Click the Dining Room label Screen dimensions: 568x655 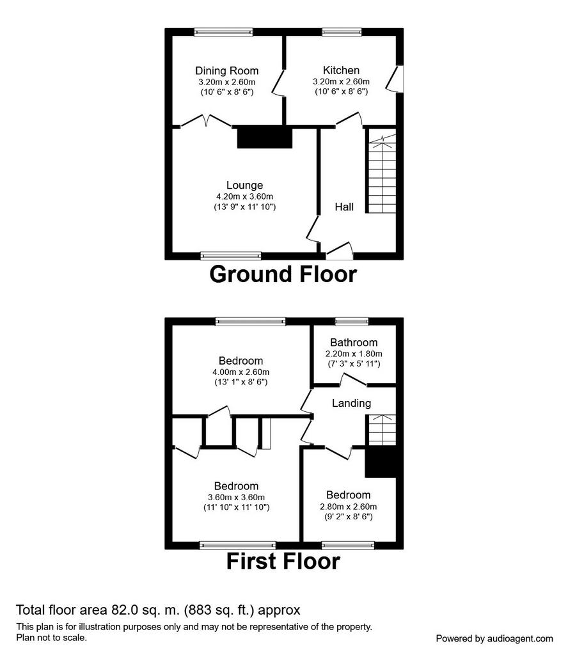(x=227, y=70)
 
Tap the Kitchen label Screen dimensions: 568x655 (x=341, y=70)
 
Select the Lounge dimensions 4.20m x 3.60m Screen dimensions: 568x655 (x=245, y=196)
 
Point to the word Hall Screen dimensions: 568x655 (x=344, y=207)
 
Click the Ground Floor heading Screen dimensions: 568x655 (x=283, y=274)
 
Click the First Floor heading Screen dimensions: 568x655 (x=283, y=561)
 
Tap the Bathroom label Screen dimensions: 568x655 (x=354, y=343)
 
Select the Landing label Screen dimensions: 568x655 (x=351, y=403)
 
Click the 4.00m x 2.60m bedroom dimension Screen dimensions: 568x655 (x=241, y=372)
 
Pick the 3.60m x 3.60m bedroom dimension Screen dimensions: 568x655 (x=237, y=497)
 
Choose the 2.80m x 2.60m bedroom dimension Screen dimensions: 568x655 (x=349, y=507)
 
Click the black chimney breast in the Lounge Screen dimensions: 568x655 (x=265, y=138)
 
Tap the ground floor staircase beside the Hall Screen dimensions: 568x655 (x=382, y=171)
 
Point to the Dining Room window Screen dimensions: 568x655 (x=223, y=32)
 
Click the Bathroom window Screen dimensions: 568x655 (x=352, y=321)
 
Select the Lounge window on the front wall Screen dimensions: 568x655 (x=231, y=256)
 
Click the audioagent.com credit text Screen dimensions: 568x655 (x=494, y=639)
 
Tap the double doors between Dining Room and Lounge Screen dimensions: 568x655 (x=206, y=121)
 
